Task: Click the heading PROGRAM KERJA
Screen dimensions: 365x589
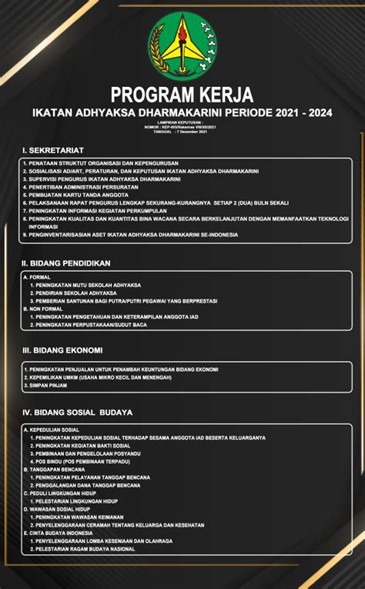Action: point(182,95)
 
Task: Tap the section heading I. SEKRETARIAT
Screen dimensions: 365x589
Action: point(53,149)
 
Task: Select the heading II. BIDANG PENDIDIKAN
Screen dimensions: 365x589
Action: point(66,263)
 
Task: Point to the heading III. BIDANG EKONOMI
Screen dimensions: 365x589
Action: point(62,350)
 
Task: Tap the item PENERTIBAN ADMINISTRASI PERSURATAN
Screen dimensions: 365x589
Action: point(81,186)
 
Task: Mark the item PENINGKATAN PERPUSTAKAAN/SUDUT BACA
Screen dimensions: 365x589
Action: point(90,325)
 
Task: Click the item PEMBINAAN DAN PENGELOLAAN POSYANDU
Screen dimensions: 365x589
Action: point(87,453)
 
